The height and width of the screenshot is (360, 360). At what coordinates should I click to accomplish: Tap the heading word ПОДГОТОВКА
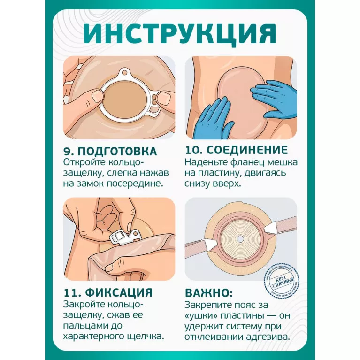click(x=117, y=151)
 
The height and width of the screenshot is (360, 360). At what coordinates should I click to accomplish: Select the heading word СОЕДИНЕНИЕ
click(x=247, y=150)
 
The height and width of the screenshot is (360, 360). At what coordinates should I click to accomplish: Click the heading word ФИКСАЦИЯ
click(x=119, y=292)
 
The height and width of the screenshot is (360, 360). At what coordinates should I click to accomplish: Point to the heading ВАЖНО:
click(x=209, y=293)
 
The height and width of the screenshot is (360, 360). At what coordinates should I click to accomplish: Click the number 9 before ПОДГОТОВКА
click(x=68, y=152)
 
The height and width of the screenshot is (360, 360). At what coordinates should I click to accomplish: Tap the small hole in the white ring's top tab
click(x=124, y=73)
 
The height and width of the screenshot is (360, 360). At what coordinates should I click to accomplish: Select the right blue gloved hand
click(x=275, y=98)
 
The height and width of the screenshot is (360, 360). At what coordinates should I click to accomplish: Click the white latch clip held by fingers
click(x=125, y=238)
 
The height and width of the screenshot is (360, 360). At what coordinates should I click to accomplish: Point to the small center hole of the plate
click(x=240, y=239)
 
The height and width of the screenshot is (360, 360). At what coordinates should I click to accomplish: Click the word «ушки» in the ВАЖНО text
click(x=201, y=316)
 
